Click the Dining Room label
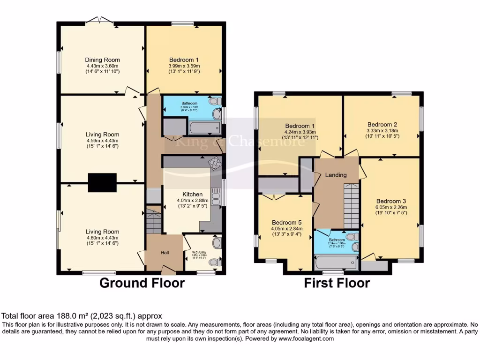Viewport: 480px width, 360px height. tap(102, 60)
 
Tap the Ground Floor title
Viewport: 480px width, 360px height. tap(142, 283)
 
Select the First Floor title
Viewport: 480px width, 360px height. tap(337, 283)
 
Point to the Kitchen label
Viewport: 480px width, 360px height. tap(193, 194)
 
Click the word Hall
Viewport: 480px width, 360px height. tap(165, 253)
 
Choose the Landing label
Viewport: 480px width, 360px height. tap(336, 175)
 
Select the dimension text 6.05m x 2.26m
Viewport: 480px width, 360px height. tap(390, 207)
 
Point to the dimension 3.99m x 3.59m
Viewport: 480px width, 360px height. tap(184, 66)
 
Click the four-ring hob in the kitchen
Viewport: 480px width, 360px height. tap(215, 164)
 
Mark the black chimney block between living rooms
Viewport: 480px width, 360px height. tap(102, 182)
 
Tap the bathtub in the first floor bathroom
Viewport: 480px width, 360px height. tap(336, 262)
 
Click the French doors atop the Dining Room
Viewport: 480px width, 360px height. tap(100, 20)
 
